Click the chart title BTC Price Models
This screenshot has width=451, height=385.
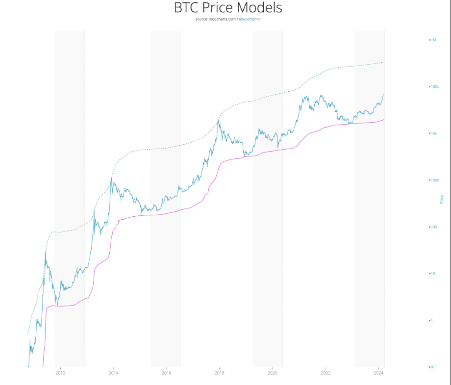pos(228,8)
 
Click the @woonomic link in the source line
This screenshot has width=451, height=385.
pos(253,19)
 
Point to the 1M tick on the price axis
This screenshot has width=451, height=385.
pos(433,40)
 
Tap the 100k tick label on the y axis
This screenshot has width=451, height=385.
pos(433,86)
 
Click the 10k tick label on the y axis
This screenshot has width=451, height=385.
pos(433,133)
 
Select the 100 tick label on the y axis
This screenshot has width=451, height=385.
pos(433,227)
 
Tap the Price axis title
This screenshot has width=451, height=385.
pos(442,199)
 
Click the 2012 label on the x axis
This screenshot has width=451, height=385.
pos(60,373)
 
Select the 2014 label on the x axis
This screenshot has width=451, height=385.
pos(113,373)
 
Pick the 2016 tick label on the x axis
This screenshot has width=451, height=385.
pos(166,373)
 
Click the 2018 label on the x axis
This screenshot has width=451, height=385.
pos(219,373)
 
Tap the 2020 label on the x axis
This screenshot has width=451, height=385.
pos(272,373)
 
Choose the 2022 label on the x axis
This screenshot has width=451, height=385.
pos(325,373)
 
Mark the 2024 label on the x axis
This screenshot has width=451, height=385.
pos(378,373)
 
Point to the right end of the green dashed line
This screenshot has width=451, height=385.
pos(383,62)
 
